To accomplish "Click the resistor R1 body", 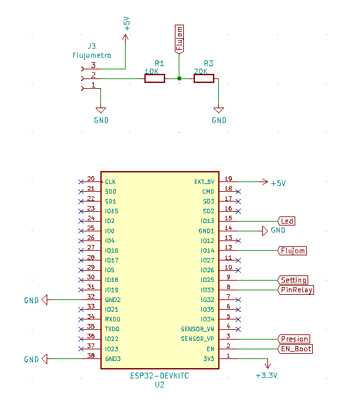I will point(155,79).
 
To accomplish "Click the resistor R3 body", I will point(204,79).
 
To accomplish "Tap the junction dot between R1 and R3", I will point(179,79).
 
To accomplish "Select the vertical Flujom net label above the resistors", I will point(179,38).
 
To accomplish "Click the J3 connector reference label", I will point(91,46).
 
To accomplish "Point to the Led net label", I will point(287,221).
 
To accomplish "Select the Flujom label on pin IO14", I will point(292,250).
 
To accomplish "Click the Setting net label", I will point(293,280).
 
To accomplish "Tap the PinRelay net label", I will point(297,290).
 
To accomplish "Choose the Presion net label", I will point(294,339).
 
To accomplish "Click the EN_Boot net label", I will point(295,349).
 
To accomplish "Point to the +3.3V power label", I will point(265,375).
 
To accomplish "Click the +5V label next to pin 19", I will point(278,183).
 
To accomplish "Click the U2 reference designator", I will point(159,384).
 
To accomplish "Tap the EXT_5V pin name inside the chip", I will point(204,182).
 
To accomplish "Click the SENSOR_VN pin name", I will point(197,329).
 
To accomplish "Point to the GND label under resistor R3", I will point(219,120).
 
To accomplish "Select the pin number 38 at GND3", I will point(91,355).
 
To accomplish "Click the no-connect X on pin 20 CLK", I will point(80,181).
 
